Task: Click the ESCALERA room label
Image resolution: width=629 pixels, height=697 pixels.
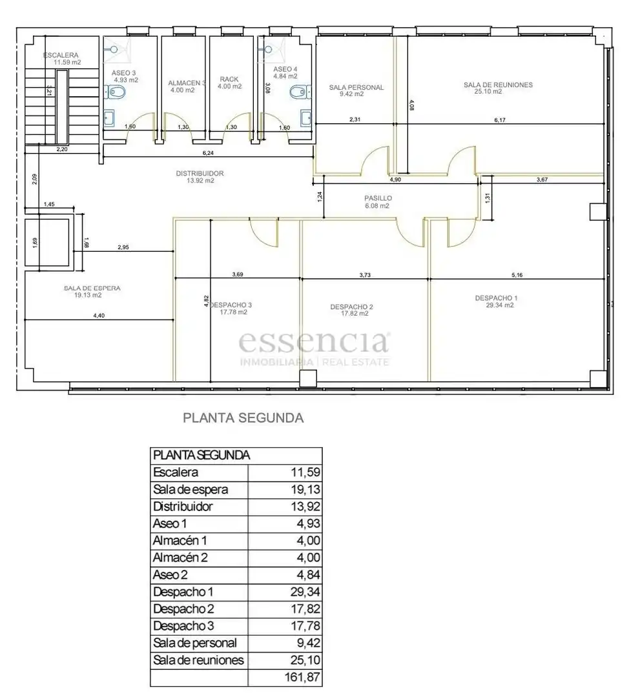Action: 61,55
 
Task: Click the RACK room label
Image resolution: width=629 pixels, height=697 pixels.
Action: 229,79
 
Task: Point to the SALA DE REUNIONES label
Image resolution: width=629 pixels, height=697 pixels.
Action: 498,85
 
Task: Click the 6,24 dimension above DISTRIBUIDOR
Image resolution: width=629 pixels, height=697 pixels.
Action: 208,153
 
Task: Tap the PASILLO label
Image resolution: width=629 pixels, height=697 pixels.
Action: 378,198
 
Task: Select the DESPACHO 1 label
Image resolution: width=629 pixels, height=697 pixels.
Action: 496,298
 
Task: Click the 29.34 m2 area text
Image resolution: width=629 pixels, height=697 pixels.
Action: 500,305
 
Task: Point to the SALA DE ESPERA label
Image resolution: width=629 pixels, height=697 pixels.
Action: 92,288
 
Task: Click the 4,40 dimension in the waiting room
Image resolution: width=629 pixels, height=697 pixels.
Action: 99,316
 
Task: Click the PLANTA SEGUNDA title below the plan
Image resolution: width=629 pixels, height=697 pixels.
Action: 243,418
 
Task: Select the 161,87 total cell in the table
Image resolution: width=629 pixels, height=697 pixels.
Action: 302,677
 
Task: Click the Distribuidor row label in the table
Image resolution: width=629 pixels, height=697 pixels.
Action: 183,507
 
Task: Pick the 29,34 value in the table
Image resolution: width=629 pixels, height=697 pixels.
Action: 305,592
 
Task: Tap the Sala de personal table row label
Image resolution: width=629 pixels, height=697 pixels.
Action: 195,643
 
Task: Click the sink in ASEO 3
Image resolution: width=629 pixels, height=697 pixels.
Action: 109,118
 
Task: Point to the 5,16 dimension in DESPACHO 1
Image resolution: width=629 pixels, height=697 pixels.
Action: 517,275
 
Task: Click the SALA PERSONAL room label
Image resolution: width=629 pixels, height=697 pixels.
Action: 356,88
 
